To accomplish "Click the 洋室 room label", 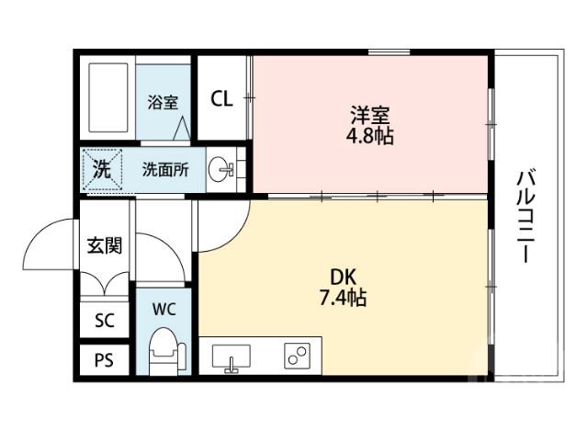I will [x=370, y=116].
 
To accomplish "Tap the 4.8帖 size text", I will [x=370, y=136].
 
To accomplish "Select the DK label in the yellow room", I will [x=344, y=277].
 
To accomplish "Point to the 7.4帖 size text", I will [x=344, y=298].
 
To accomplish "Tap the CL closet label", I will [x=222, y=99].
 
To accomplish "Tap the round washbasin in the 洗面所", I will [x=220, y=170].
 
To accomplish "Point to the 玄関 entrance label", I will [x=105, y=245].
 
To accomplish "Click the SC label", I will [x=105, y=321].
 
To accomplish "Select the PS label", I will [x=105, y=359].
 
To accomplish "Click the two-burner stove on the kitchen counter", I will [x=297, y=356].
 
